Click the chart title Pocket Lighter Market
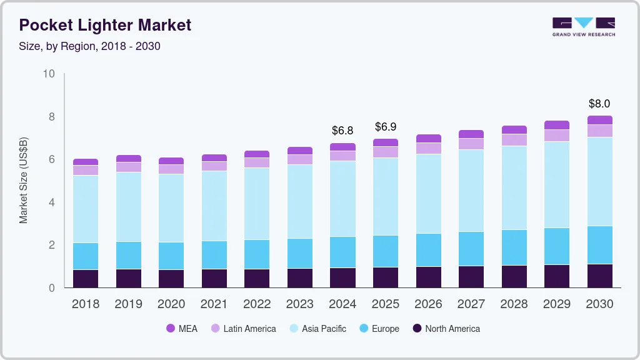point(105,26)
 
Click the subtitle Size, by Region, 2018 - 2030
point(90,46)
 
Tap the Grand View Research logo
point(583,26)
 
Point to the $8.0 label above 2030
point(599,104)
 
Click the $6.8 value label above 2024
point(342,131)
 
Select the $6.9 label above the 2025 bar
point(386,127)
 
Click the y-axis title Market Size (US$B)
point(24,181)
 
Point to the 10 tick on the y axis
point(49,74)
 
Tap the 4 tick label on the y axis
point(52,202)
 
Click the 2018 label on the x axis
point(86,304)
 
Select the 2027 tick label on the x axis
point(471,304)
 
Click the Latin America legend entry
point(243,329)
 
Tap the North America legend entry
point(446,329)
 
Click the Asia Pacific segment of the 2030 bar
point(600,181)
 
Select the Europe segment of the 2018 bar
point(86,256)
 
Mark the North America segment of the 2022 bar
point(257,278)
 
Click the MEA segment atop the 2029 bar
point(557,125)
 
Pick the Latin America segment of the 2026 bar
point(429,148)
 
